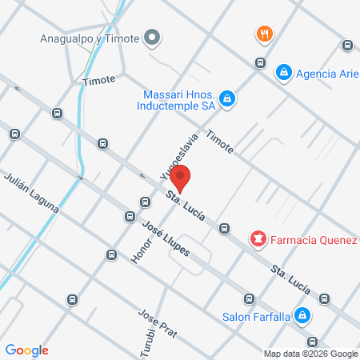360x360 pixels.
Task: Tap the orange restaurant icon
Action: tap(265, 34)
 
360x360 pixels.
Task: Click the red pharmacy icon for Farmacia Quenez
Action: tap(258, 238)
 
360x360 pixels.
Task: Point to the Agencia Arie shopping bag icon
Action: tap(282, 73)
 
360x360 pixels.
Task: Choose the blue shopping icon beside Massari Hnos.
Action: tap(228, 98)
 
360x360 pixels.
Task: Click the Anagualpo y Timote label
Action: tap(89, 38)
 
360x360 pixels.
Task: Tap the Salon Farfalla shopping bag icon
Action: tap(302, 316)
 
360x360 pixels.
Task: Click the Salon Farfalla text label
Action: tap(255, 316)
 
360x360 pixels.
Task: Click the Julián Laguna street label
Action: tap(31, 193)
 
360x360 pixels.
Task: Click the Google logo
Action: tap(26, 350)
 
